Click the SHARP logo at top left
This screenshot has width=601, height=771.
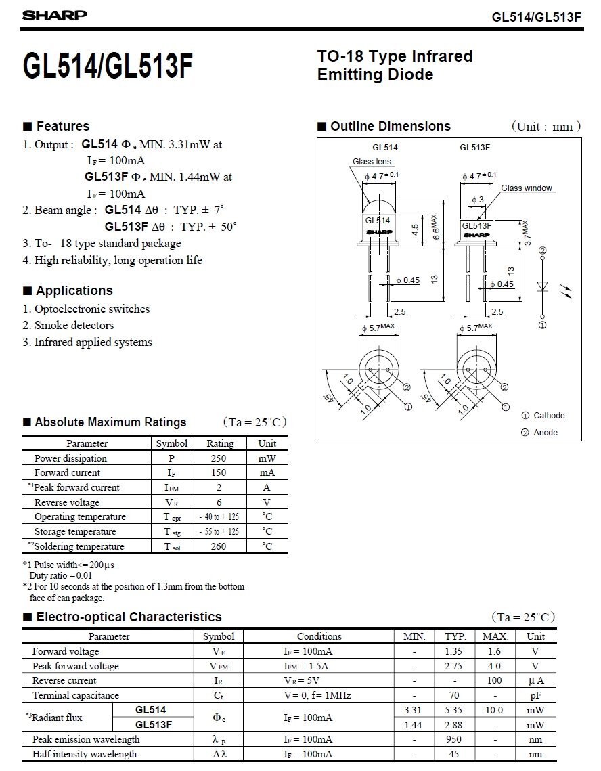click(x=55, y=15)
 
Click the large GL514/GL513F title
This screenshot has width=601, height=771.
click(x=108, y=66)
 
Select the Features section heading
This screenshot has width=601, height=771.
click(x=62, y=126)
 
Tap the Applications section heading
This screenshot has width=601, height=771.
click(x=74, y=290)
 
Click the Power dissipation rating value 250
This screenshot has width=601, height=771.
click(x=219, y=458)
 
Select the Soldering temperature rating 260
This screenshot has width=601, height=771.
click(x=219, y=546)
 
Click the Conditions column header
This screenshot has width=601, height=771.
click(x=319, y=636)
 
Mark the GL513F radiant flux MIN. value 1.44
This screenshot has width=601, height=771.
click(x=414, y=724)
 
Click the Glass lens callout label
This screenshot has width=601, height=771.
click(x=372, y=162)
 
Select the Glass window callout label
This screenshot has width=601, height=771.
click(x=527, y=188)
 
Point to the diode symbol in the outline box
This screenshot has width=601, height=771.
click(x=542, y=286)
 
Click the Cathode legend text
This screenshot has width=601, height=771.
click(x=548, y=416)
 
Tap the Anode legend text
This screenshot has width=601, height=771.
click(x=546, y=433)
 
